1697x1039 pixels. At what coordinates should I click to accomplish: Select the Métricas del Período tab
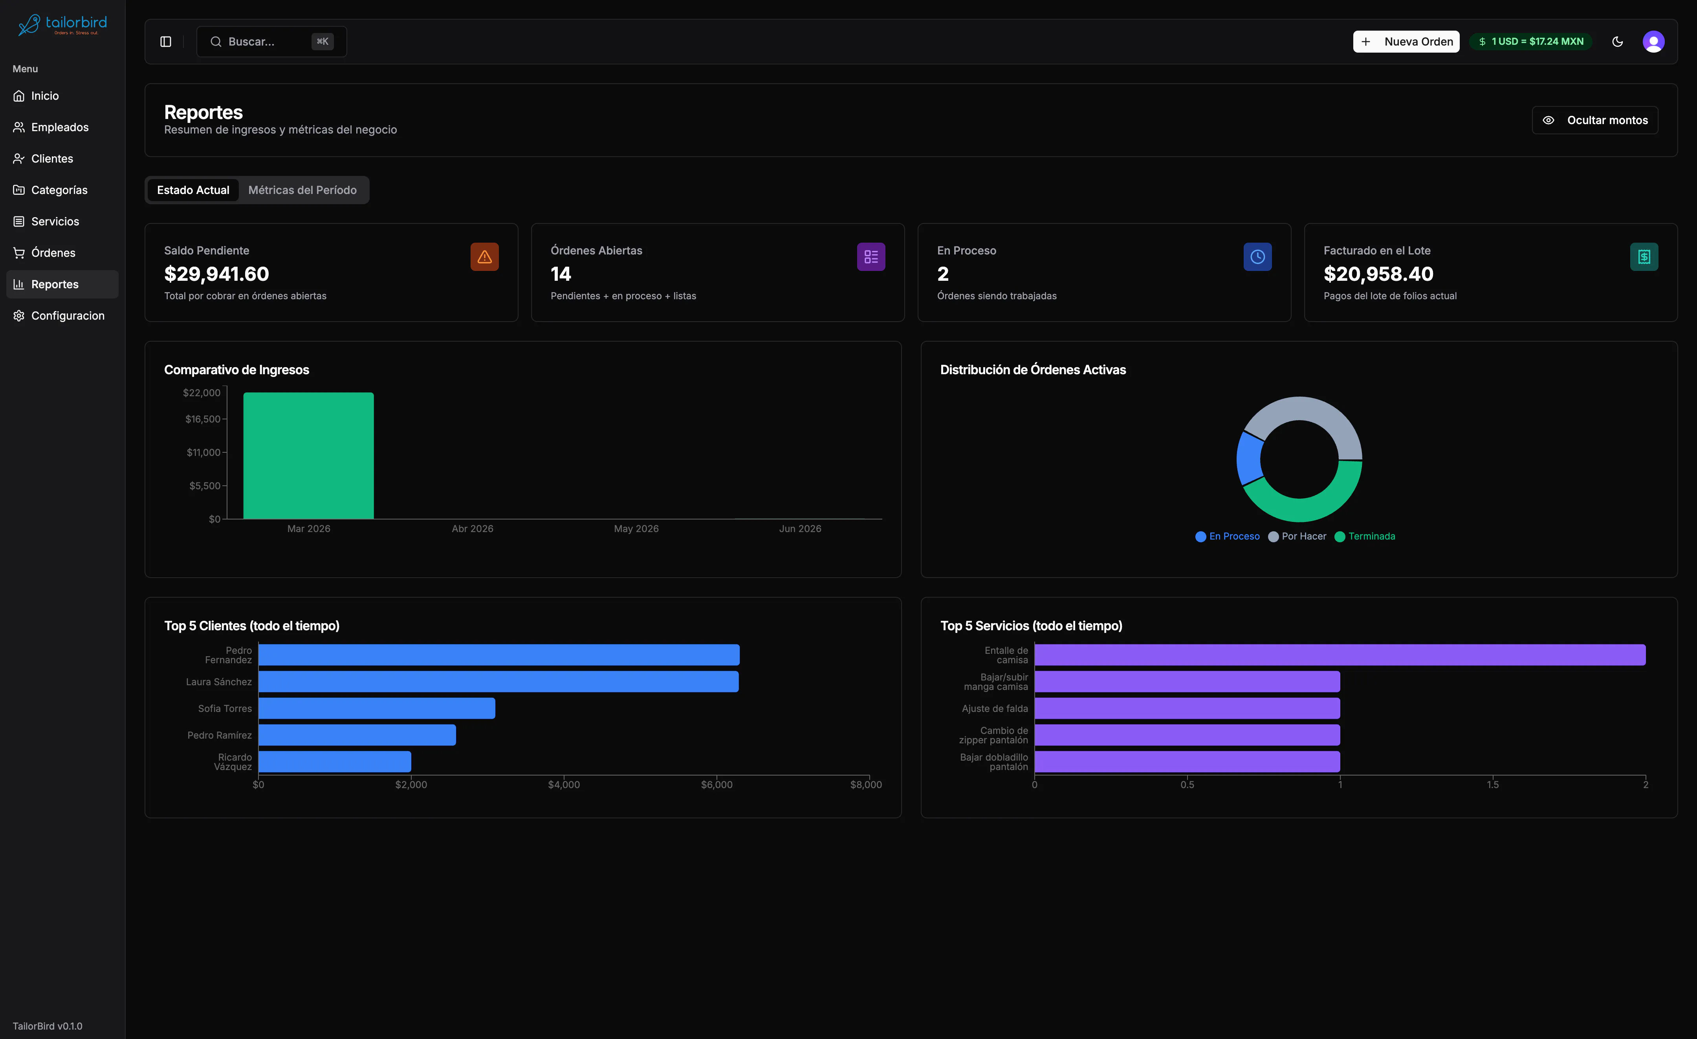[x=302, y=190]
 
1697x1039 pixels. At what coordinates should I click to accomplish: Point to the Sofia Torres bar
[x=377, y=708]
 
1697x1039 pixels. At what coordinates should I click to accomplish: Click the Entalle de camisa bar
[x=1340, y=655]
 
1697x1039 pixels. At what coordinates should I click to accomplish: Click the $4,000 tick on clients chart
[x=564, y=784]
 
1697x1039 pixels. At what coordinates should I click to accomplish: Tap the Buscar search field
[x=271, y=41]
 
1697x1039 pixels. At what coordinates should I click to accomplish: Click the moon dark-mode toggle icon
[x=1618, y=41]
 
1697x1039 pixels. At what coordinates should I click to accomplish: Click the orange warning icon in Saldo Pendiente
[x=484, y=257]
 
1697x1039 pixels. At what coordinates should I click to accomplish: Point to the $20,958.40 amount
[x=1378, y=274]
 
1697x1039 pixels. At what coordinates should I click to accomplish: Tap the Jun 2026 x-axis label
[x=800, y=529]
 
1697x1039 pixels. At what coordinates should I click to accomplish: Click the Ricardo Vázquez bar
[x=335, y=761]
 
